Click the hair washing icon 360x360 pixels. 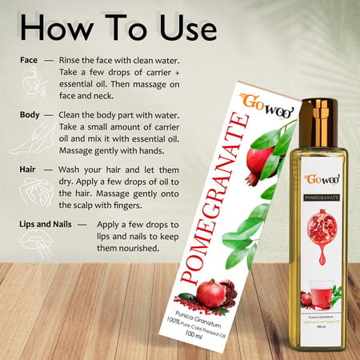[x=33, y=192]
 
